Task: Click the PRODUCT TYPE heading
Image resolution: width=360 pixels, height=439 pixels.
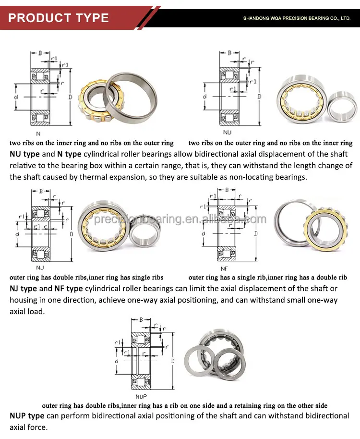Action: tap(59, 18)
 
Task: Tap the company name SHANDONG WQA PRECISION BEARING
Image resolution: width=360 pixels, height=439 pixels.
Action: tap(297, 18)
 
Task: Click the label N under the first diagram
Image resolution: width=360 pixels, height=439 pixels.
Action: tap(38, 134)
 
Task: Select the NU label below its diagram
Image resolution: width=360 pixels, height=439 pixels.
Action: tap(227, 132)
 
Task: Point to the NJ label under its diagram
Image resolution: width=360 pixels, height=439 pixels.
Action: tap(40, 267)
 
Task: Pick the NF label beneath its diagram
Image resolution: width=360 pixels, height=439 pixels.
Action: tap(224, 269)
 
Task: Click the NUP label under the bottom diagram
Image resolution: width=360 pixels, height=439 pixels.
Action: tap(141, 396)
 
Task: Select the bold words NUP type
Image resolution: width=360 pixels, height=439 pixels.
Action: tap(27, 415)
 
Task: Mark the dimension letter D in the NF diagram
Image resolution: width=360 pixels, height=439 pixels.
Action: tap(255, 233)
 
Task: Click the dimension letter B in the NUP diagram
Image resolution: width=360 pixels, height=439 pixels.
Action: tap(141, 319)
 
